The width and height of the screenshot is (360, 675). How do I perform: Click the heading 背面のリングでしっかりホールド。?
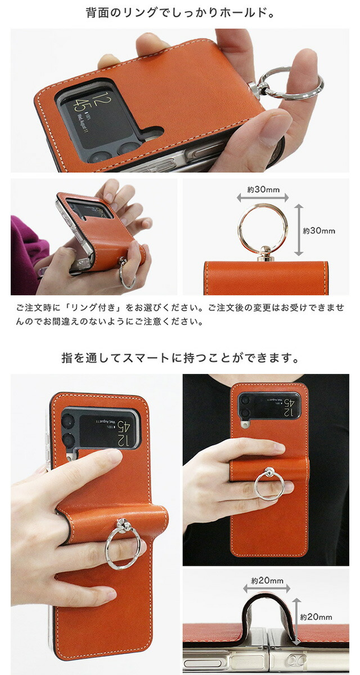click(x=180, y=13)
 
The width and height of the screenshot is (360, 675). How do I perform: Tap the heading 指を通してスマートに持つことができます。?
click(x=180, y=358)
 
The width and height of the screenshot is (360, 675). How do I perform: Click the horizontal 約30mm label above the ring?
click(x=263, y=190)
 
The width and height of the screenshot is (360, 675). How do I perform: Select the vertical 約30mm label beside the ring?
click(x=319, y=231)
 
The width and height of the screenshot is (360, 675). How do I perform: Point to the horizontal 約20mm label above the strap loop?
click(x=267, y=580)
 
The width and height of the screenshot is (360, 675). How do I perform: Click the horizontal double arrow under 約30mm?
click(x=263, y=197)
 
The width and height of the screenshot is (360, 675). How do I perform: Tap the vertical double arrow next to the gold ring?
click(x=298, y=229)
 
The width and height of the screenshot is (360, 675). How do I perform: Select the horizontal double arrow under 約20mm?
click(x=267, y=588)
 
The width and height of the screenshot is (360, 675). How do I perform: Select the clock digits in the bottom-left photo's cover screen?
click(x=123, y=433)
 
